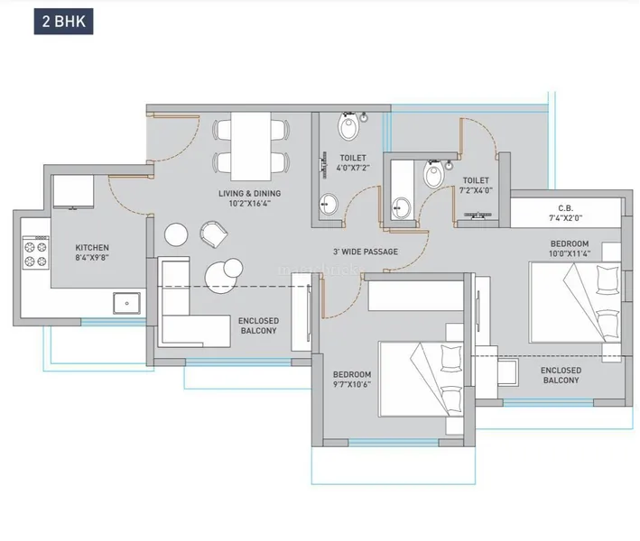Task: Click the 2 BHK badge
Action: click(63, 23)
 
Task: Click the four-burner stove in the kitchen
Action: click(34, 252)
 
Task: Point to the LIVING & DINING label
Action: click(249, 194)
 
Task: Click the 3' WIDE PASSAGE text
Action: click(365, 252)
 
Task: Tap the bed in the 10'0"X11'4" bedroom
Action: click(575, 307)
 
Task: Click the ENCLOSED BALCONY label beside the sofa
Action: click(258, 326)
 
